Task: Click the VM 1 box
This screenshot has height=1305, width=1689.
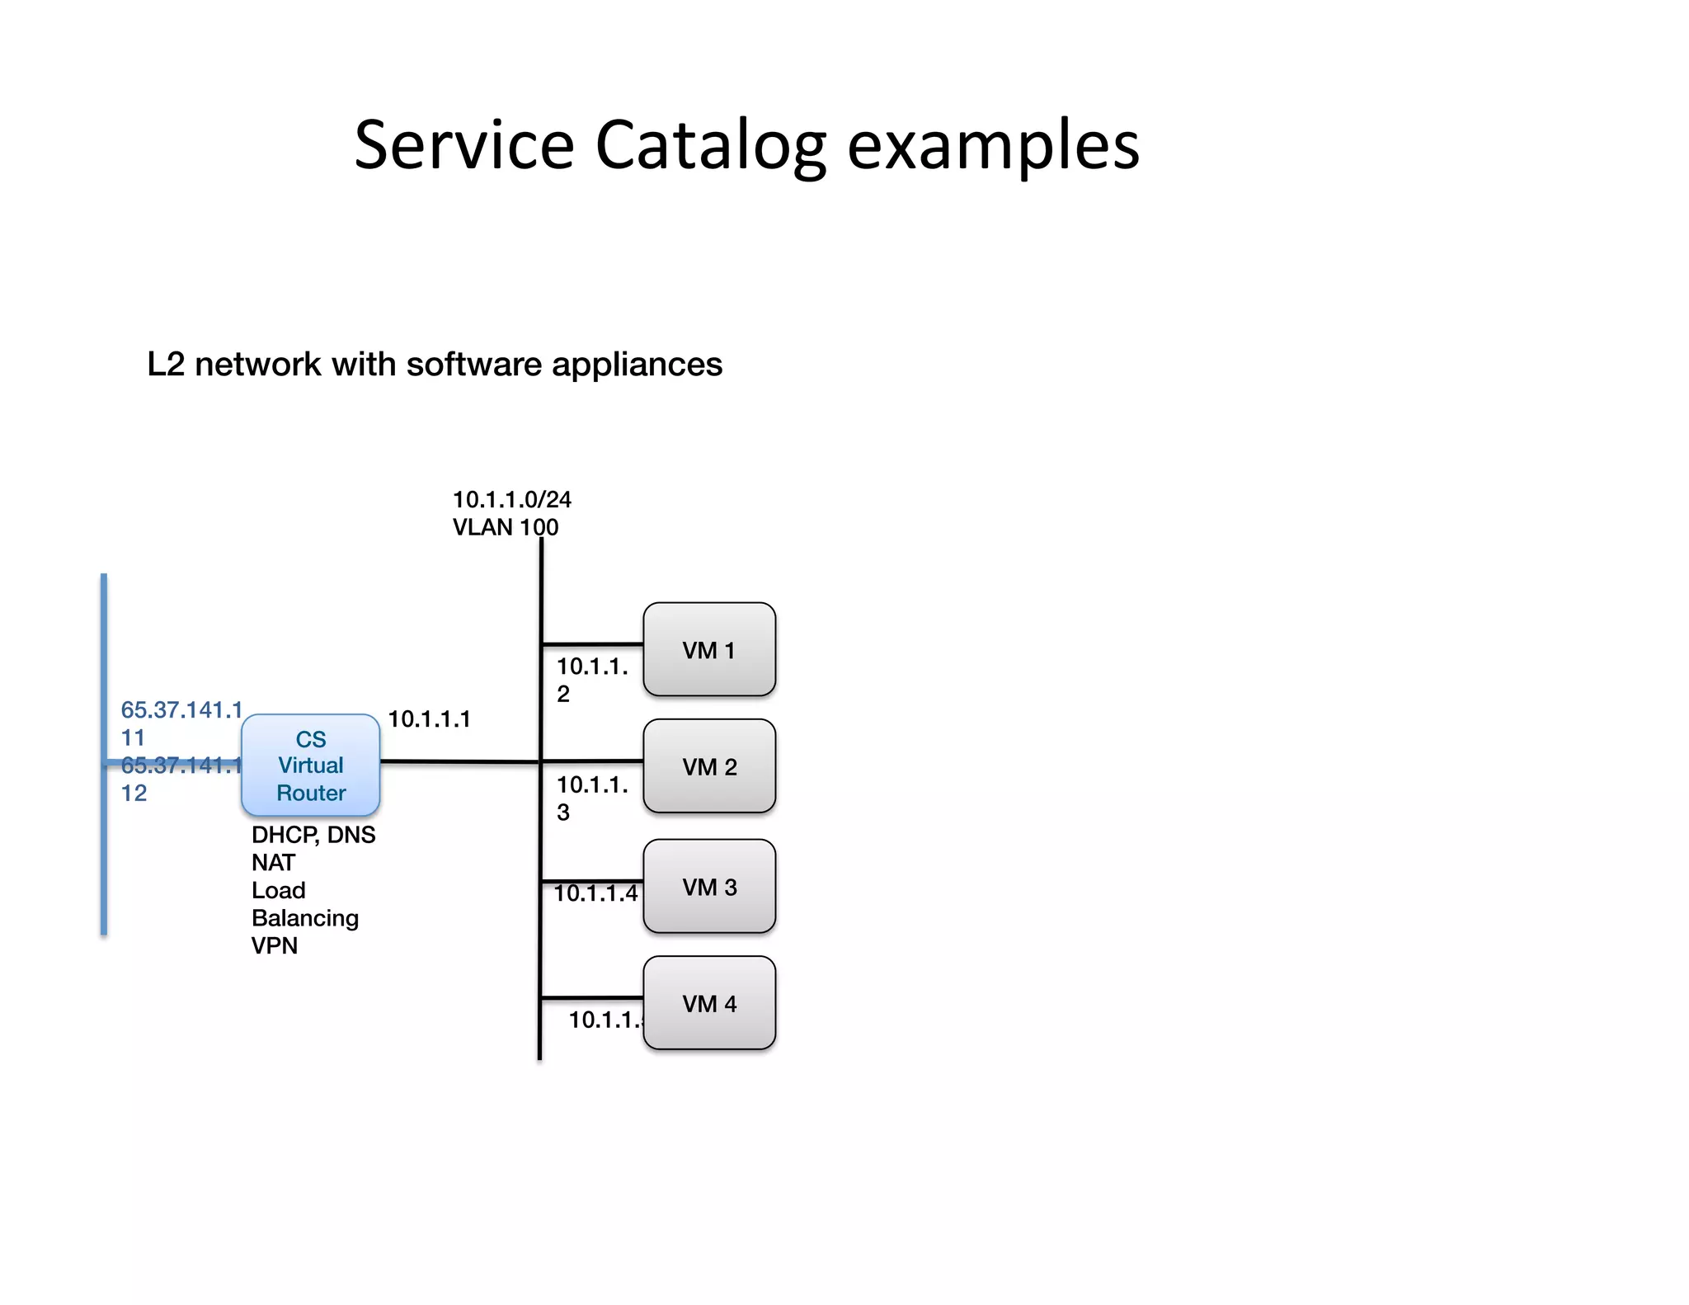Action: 709,650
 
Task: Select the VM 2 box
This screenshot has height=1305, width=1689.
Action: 709,766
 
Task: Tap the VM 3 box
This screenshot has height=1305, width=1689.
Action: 709,887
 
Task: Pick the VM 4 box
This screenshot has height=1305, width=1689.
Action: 709,1003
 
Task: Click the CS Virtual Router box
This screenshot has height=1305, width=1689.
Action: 311,766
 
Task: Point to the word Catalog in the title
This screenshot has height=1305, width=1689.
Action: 710,145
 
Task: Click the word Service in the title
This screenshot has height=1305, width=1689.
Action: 463,145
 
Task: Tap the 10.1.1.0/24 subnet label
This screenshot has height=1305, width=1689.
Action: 511,499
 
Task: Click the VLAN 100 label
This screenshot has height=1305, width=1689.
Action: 505,527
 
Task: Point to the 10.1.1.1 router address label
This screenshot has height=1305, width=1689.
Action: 429,719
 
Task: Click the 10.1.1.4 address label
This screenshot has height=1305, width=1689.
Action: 595,893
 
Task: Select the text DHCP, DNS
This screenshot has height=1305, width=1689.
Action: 313,835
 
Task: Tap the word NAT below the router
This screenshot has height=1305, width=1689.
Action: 273,863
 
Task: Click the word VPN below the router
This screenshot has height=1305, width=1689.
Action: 275,945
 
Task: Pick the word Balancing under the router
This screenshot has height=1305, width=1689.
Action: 305,918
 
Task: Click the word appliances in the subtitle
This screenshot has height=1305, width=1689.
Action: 637,364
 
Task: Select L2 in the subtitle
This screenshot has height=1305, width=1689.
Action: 166,364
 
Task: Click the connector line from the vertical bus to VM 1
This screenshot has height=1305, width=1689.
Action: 592,643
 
